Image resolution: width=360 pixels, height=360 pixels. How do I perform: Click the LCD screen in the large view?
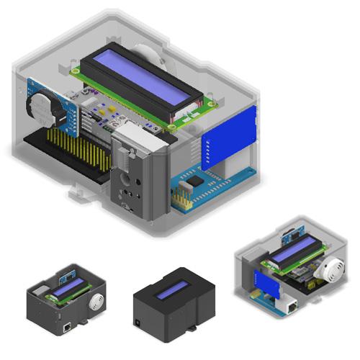(x=140, y=79)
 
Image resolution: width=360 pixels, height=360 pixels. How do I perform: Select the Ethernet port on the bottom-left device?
(x=68, y=326)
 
